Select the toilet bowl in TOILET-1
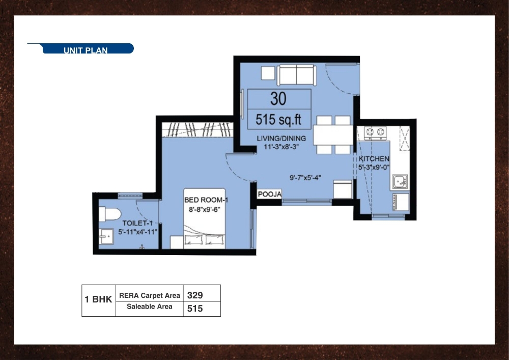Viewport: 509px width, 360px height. coord(108,213)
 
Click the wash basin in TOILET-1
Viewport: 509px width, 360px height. coord(107,237)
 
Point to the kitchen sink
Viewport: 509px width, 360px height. coord(400,181)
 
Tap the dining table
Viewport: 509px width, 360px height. coord(333,135)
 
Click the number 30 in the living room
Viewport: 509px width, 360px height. coord(278,98)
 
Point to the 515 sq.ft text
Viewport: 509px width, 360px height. coord(279,120)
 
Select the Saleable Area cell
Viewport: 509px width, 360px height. coord(149,307)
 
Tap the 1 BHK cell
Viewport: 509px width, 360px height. coord(98,300)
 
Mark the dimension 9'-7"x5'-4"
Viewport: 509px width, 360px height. coord(305,178)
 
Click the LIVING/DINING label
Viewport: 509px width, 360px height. coord(281,138)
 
